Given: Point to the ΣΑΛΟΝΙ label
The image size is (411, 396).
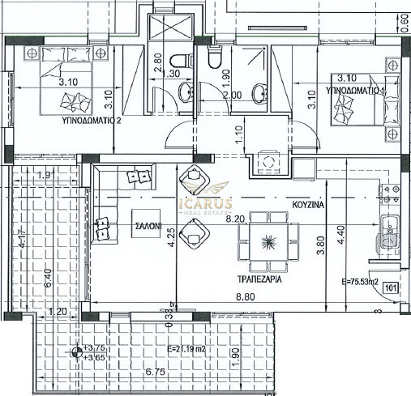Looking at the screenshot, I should (148, 228).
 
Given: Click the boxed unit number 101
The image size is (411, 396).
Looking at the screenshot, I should (389, 286).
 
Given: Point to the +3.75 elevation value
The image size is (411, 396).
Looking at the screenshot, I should (96, 347).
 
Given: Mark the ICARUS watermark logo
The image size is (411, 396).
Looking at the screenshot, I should (205, 207).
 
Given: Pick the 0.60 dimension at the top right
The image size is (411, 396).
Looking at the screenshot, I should (405, 19).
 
